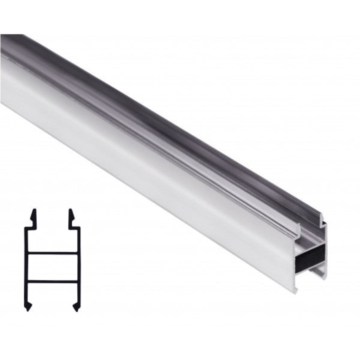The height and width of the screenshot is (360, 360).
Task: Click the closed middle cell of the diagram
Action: coord(52,266)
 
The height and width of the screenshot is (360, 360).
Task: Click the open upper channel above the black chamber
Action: coord(312,237)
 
